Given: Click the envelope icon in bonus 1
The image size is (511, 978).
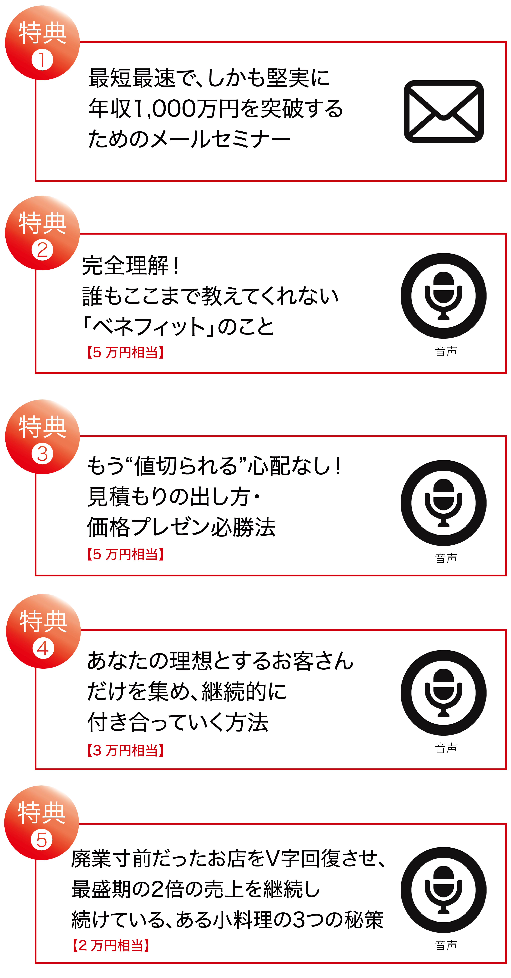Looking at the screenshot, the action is pyautogui.click(x=443, y=111).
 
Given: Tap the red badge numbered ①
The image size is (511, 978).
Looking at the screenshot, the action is pyautogui.click(x=42, y=42).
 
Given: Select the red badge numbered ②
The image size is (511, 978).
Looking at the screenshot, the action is pyautogui.click(x=42, y=233).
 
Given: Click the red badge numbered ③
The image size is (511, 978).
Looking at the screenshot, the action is pyautogui.click(x=42, y=437).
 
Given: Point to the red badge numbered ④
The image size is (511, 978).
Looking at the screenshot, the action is pyautogui.click(x=43, y=631).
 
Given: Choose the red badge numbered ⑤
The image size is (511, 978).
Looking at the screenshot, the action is pyautogui.click(x=41, y=823).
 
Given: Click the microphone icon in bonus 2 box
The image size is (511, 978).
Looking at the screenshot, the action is pyautogui.click(x=443, y=296).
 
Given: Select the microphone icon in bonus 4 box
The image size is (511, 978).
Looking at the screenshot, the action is pyautogui.click(x=443, y=693).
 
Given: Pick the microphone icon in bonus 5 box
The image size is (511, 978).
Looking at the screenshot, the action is pyautogui.click(x=443, y=890).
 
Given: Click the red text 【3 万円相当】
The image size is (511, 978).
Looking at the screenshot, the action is pyautogui.click(x=125, y=750).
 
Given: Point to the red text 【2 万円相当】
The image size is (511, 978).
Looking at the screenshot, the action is pyautogui.click(x=111, y=945).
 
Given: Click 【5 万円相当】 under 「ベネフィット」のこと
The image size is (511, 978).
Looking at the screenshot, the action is pyautogui.click(x=125, y=352).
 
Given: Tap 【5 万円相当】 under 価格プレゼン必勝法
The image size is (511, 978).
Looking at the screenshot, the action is pyautogui.click(x=125, y=554).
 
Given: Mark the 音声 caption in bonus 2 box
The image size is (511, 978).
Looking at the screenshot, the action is pyautogui.click(x=446, y=351).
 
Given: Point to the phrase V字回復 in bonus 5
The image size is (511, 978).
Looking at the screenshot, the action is pyautogui.click(x=292, y=858).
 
